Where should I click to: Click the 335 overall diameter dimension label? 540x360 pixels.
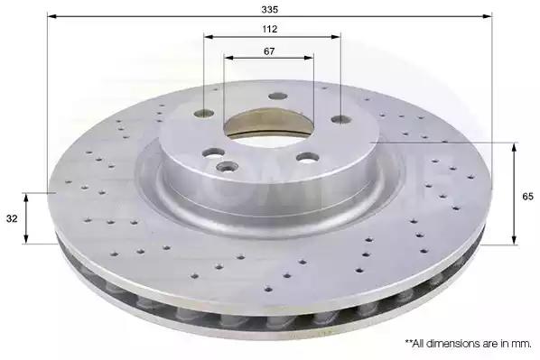269,10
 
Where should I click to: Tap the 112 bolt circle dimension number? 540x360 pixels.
270,29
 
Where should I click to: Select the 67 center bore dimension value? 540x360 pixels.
269,51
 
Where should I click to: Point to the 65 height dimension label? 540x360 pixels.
527,197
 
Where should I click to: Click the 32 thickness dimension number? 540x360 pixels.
12,218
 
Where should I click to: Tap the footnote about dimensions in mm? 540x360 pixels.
468,343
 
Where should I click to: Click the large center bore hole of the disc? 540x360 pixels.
268,125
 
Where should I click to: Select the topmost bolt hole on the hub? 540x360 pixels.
278,97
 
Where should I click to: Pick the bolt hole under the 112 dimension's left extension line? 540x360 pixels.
204,113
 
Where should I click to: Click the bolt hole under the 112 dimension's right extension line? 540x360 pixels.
341,119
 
